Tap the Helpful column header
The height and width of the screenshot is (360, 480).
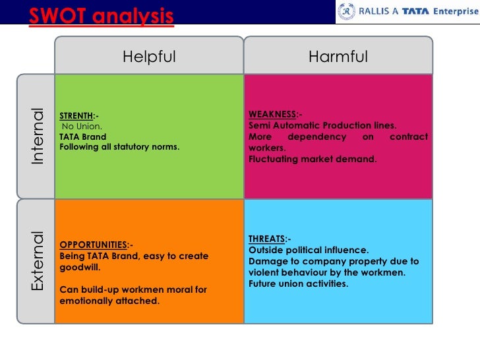[149, 57]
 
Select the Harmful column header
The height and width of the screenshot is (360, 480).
[338, 57]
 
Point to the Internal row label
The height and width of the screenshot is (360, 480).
[37, 136]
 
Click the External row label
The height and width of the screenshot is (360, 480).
[37, 261]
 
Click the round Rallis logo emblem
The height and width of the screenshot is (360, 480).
[347, 11]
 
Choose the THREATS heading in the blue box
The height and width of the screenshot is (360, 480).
[267, 239]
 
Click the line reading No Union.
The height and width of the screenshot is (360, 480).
[82, 126]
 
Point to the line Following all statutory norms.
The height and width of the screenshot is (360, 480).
[119, 146]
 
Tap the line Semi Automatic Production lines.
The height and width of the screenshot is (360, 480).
[322, 125]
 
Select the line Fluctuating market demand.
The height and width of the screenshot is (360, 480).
[313, 159]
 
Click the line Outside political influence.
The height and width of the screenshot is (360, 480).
[309, 250]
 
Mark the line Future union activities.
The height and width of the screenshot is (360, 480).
[298, 284]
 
